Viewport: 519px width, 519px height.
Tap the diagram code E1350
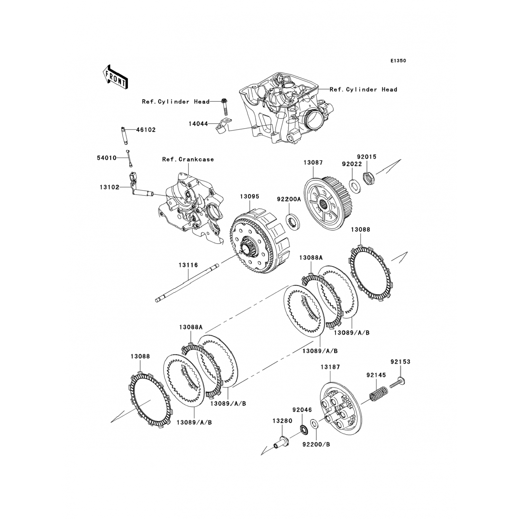click(398, 61)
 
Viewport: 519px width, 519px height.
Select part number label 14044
click(198, 124)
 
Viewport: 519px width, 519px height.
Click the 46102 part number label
click(146, 130)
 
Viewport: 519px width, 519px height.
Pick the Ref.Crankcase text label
click(188, 160)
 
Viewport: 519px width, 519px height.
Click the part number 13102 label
click(109, 187)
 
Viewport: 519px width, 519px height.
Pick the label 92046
click(302, 410)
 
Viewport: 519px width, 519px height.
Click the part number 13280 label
click(282, 421)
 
